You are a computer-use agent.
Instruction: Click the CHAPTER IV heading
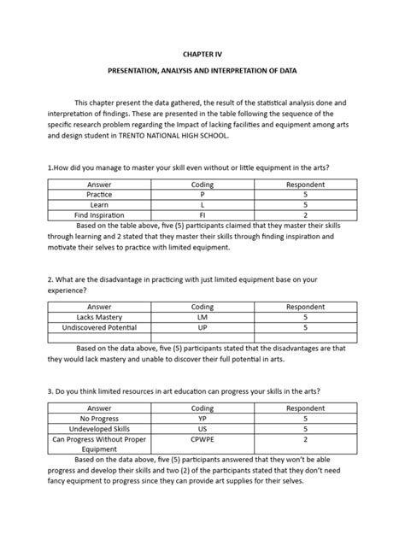click(x=202, y=53)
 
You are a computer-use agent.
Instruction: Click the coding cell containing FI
click(x=202, y=216)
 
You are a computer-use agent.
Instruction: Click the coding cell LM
click(x=202, y=316)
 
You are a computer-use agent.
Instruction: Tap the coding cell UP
click(x=202, y=327)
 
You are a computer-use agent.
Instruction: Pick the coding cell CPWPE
click(x=202, y=441)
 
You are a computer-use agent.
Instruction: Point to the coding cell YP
click(x=202, y=419)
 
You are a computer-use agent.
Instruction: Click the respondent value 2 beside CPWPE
click(x=305, y=441)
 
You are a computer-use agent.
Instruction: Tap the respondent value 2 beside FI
click(x=305, y=216)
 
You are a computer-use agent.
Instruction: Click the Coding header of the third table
click(x=202, y=408)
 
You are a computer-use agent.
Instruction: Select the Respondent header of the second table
click(x=305, y=305)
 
